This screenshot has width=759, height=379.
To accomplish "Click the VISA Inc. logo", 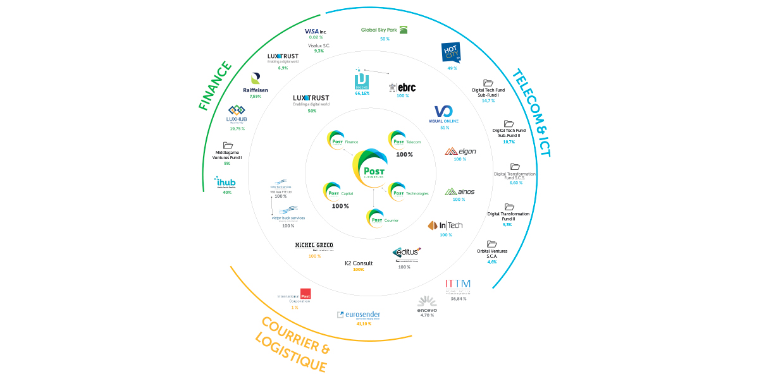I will (x=315, y=31).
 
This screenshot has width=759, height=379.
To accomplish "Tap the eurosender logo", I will (x=359, y=314).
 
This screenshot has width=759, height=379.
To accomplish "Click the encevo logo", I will (x=427, y=303).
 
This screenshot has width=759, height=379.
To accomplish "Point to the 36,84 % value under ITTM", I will (x=458, y=298).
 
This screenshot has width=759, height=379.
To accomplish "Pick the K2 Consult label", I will (x=359, y=263).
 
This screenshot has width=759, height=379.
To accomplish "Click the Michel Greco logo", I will (x=314, y=246).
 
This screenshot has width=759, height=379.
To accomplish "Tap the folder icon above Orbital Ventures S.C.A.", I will (x=491, y=244).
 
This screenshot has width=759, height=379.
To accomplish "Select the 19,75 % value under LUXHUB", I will (x=237, y=128).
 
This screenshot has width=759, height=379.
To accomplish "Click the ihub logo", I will (x=225, y=183).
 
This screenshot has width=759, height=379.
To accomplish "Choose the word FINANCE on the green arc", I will (x=216, y=86).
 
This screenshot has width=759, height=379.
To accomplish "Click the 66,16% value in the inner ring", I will (x=362, y=93).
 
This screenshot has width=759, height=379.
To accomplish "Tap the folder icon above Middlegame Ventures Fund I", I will (x=228, y=145).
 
